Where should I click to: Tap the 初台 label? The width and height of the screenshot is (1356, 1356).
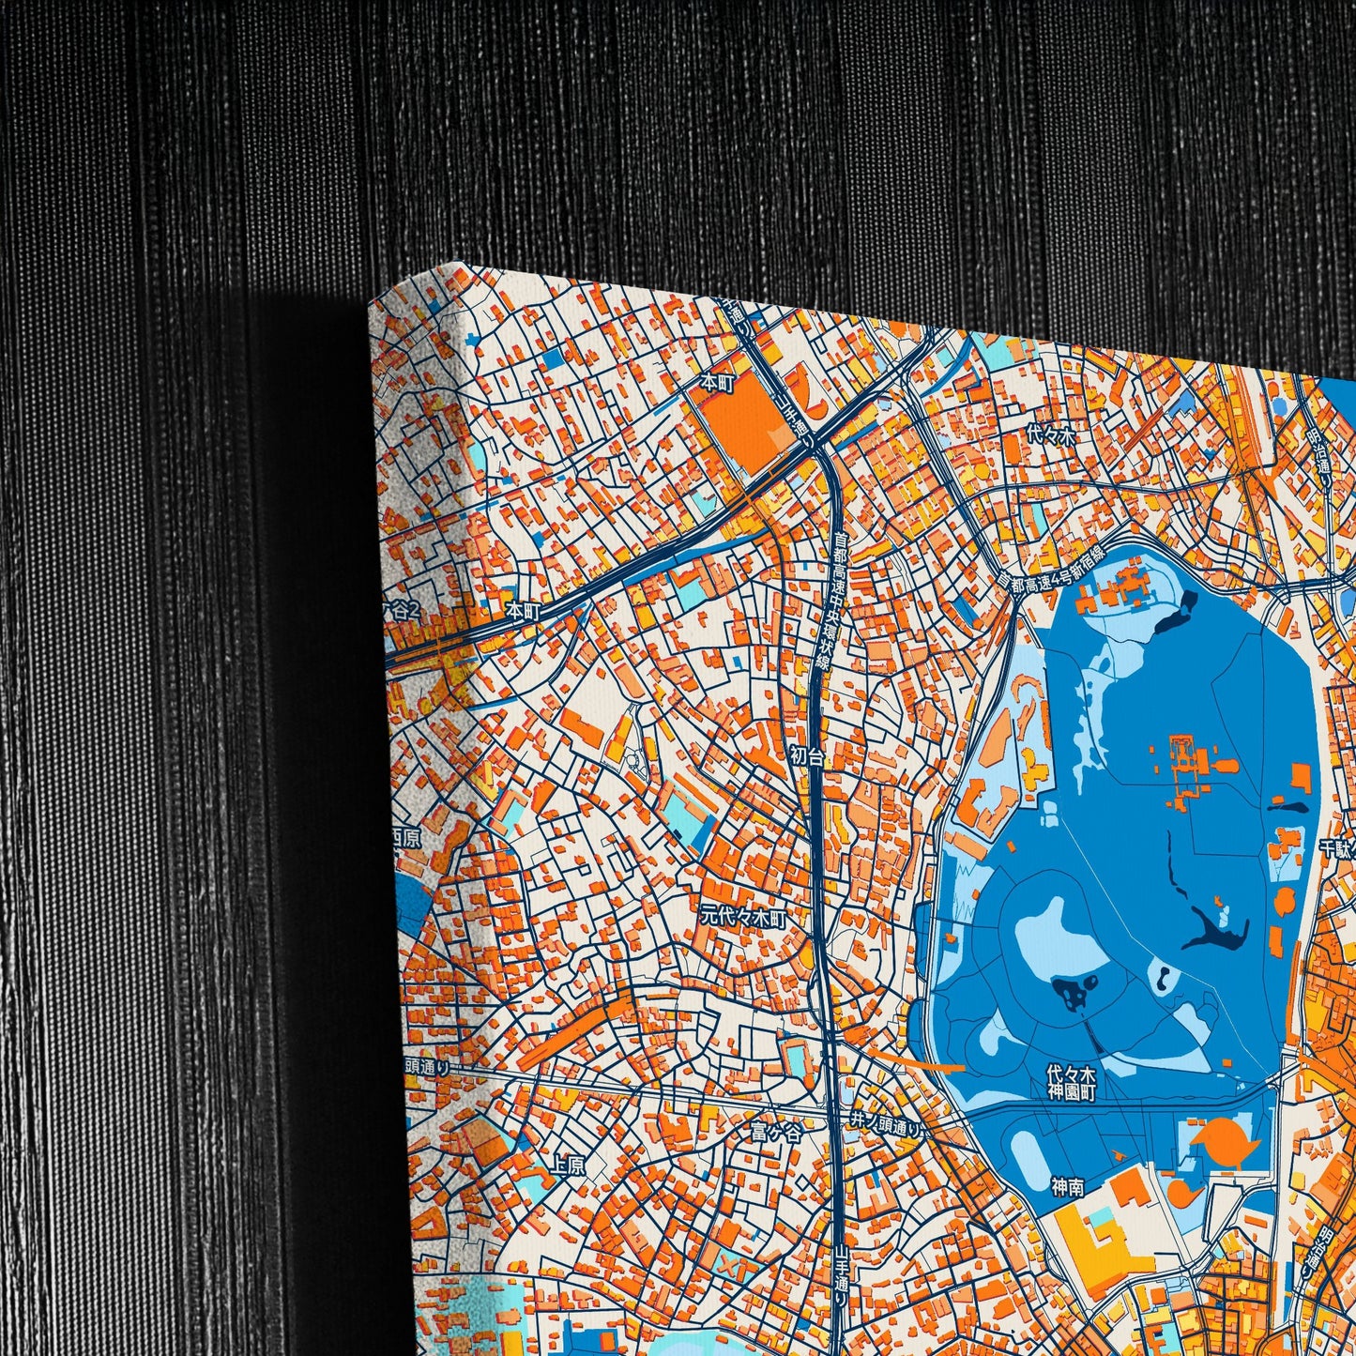pyautogui.click(x=806, y=754)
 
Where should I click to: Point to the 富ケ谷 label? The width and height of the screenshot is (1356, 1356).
pyautogui.click(x=775, y=1134)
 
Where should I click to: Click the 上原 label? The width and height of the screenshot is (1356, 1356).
pyautogui.click(x=567, y=1166)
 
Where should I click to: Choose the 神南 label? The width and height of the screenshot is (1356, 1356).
pyautogui.click(x=1068, y=1188)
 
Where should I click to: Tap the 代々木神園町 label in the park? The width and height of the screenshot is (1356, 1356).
pyautogui.click(x=1071, y=1083)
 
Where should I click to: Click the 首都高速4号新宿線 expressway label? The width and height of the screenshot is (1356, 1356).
pyautogui.click(x=1051, y=567)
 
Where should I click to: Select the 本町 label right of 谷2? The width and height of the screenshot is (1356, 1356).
pyautogui.click(x=519, y=610)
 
